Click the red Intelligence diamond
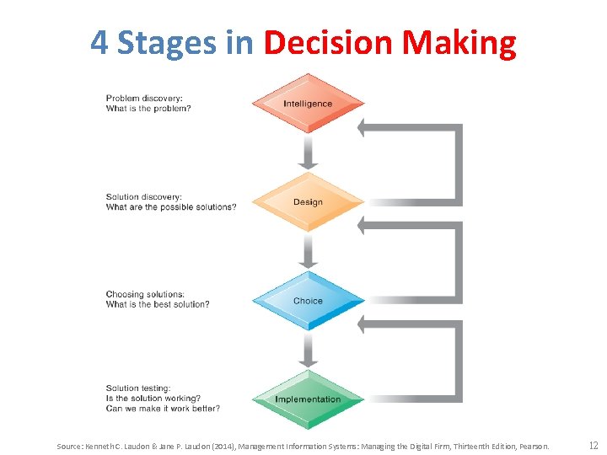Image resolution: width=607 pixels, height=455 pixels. click(x=308, y=104)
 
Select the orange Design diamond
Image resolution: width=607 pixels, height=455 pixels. click(x=308, y=202)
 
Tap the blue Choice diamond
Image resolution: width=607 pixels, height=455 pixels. click(x=308, y=301)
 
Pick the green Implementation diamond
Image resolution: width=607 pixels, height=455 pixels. click(x=308, y=399)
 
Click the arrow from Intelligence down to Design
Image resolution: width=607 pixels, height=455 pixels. click(x=308, y=152)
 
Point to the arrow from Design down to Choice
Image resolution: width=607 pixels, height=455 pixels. click(x=308, y=250)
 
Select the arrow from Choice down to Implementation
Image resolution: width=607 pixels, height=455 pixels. click(x=308, y=349)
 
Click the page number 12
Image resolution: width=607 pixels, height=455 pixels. click(x=594, y=445)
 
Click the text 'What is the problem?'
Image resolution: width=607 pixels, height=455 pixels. click(x=148, y=109)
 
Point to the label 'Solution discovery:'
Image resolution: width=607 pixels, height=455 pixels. click(x=144, y=197)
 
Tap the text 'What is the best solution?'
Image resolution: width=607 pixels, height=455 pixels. click(x=158, y=304)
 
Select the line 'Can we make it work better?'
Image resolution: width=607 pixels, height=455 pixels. click(x=163, y=409)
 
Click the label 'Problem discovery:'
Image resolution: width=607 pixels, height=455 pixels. click(x=143, y=99)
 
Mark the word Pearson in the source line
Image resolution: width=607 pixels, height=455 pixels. click(x=535, y=446)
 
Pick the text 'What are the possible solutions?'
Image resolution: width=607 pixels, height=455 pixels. click(x=171, y=207)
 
